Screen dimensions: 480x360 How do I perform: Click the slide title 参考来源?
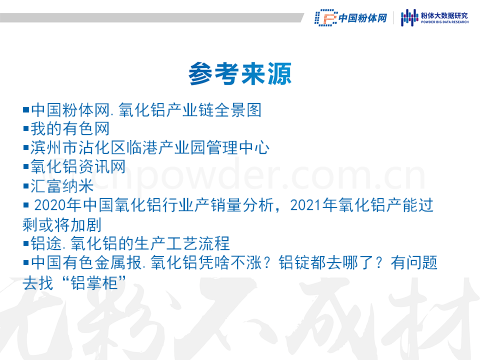[240, 73]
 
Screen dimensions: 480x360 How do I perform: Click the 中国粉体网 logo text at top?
[363, 18]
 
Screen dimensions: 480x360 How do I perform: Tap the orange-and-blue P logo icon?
[326, 17]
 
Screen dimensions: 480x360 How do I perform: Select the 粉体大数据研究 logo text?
[444, 15]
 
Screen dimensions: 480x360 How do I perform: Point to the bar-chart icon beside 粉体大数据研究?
[409, 17]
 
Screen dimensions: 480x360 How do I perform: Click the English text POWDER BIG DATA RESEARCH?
[444, 22]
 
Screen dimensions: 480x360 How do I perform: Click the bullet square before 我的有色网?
[26, 128]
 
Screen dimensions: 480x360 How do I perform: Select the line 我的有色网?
[70, 128]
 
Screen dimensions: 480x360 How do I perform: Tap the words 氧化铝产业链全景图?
[190, 110]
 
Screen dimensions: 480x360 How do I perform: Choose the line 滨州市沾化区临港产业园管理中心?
[149, 147]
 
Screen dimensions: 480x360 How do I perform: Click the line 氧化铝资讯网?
[78, 166]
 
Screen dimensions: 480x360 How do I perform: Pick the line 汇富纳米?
[62, 186]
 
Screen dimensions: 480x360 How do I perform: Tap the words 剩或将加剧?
[62, 224]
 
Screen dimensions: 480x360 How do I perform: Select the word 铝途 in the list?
[46, 243]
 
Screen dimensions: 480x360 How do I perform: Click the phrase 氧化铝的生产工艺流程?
[150, 243]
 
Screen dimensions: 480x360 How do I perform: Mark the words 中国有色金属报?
[86, 262]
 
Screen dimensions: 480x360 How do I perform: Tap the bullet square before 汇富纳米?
[26, 186]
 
